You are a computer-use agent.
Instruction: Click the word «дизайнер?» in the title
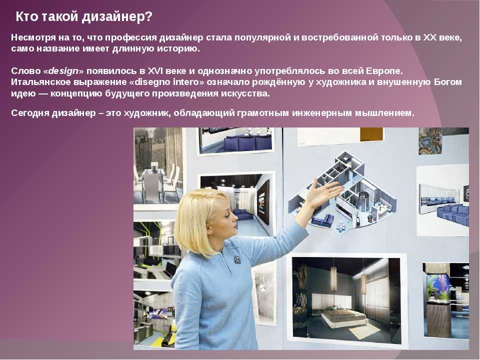pos(117,17)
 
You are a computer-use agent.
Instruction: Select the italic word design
pos(63,71)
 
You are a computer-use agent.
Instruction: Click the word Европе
pos(384,71)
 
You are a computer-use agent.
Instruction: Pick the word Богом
pos(447,82)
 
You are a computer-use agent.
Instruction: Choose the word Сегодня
pos(30,113)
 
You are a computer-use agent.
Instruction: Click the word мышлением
pos(384,113)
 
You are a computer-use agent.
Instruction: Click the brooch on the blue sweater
pos(237,259)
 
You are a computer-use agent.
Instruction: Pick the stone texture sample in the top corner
pos(430,141)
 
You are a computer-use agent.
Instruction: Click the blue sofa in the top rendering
pos(247,142)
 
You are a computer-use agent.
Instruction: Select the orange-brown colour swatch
pos(371,134)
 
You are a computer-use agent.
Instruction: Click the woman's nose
pos(235,217)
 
